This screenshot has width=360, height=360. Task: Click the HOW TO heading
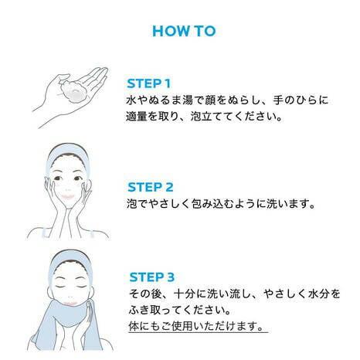pyautogui.click(x=183, y=32)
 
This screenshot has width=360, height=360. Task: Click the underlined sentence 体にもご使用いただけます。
pyautogui.click(x=196, y=327)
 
